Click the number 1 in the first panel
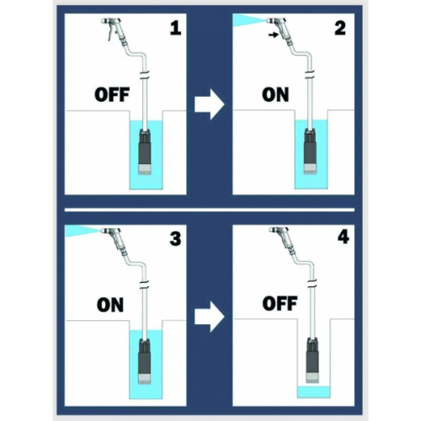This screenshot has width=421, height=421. pos(176,29)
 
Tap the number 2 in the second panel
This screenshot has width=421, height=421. pos(340,29)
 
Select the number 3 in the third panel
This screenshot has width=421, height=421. pos(175,239)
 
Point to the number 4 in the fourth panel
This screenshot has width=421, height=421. pos(344,237)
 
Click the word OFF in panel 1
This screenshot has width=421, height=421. pos(112,95)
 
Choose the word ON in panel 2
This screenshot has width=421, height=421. pos(275,95)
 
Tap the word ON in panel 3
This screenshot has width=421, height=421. pos(110,305)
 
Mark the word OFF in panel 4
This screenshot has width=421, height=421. pos(280,303)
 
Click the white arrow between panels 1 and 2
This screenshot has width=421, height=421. pos(210,104)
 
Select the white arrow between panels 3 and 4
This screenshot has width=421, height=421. pos(210,317)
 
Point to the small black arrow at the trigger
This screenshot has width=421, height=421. pos(273,35)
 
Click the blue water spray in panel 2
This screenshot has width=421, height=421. pos(249,21)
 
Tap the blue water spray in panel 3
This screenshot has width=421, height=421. pos(82,232)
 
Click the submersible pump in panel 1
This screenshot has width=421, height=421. pos(145,152)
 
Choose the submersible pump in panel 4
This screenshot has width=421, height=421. pos(312,360)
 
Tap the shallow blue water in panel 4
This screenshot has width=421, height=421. pos(314,392)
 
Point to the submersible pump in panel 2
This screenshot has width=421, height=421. pos(310,152)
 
